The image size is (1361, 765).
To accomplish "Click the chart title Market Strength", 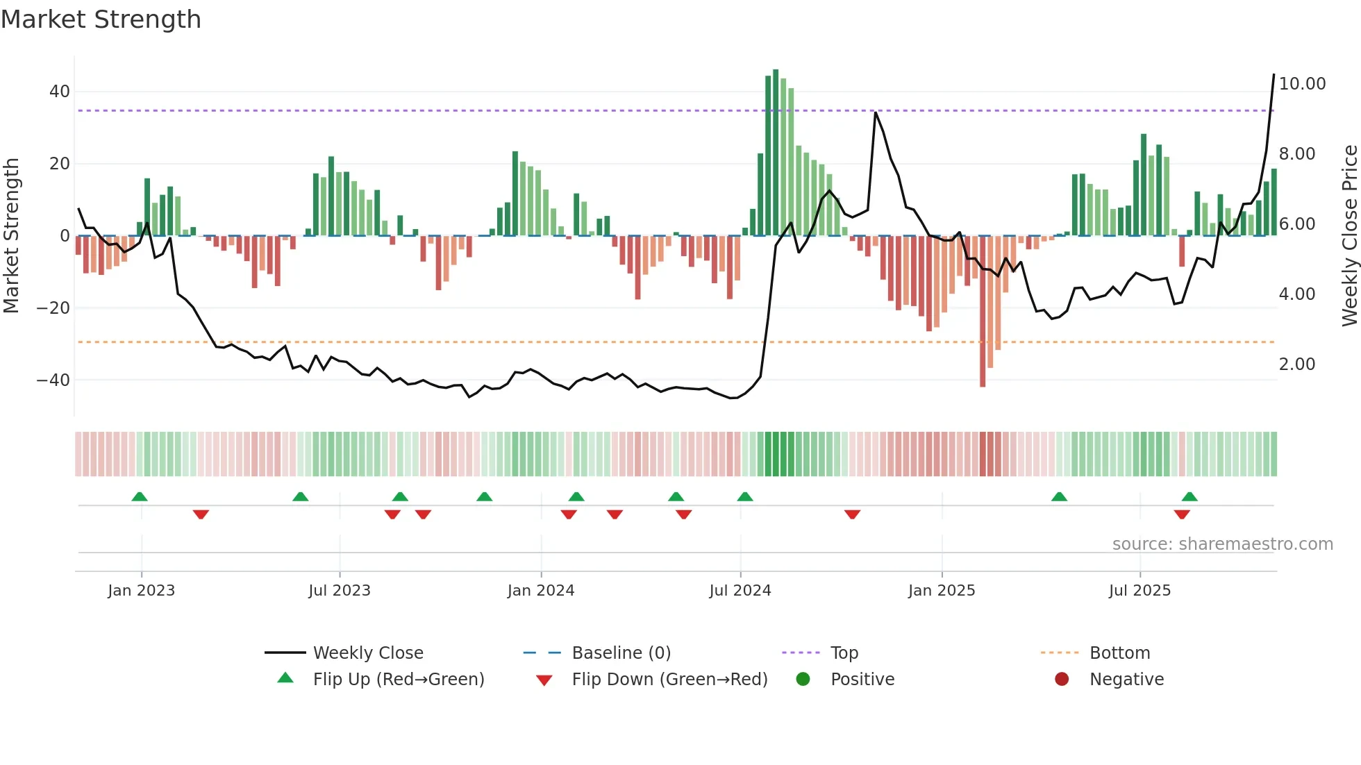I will [x=101, y=19].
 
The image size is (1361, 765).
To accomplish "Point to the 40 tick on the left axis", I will [x=60, y=92].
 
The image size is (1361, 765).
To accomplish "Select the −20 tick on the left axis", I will [x=53, y=308].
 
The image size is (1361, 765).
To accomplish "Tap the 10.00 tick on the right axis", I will [x=1302, y=84].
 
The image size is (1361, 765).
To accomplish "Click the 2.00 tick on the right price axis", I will [x=1296, y=364].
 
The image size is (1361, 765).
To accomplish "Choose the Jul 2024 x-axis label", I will [x=740, y=591].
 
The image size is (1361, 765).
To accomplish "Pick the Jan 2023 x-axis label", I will [x=141, y=591].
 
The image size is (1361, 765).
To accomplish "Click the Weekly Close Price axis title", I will [x=1349, y=236].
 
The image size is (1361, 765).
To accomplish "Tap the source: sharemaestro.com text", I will [x=1222, y=544].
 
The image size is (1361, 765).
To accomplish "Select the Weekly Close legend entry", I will [x=367, y=653].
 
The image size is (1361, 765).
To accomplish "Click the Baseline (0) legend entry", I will [x=621, y=653].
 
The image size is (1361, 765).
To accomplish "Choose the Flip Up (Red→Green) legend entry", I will [x=398, y=680].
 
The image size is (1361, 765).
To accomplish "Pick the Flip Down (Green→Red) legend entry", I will [x=669, y=680].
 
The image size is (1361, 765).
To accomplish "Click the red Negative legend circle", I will [x=1061, y=680].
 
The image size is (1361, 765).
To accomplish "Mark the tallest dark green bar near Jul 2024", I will [x=776, y=153].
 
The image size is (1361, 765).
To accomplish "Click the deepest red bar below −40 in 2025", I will [x=983, y=312].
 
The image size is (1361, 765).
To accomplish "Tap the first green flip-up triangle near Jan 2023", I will [x=140, y=497].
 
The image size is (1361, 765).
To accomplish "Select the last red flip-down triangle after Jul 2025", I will [x=1182, y=514].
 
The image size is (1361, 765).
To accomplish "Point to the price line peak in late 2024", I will [x=876, y=112].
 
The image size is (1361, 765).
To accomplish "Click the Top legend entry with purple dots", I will [x=844, y=653].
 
